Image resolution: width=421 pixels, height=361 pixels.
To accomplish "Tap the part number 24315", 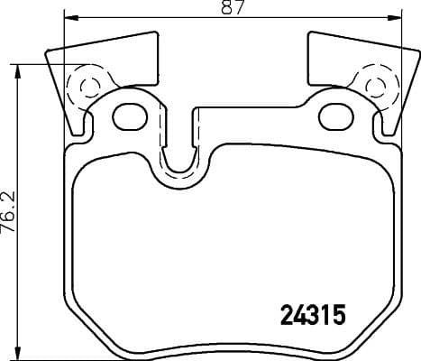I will point(308,317).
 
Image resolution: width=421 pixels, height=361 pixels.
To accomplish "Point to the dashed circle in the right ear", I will point(375,87).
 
